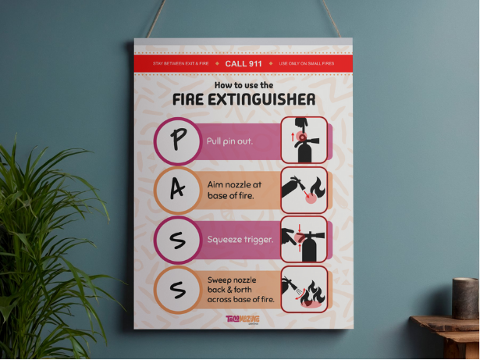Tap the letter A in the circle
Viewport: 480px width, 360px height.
[178, 190]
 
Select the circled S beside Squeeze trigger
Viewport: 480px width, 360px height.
[178, 239]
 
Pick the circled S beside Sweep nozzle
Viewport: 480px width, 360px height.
[178, 290]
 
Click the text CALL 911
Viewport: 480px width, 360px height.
[243, 63]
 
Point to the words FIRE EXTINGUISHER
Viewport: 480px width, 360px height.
[244, 100]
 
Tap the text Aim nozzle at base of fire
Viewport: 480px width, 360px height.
[235, 190]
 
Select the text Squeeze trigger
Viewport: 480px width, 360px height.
[240, 239]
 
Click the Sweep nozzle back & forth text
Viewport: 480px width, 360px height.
[240, 289]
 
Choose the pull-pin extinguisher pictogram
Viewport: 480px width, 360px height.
[304, 141]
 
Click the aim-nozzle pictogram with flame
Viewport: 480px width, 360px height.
[304, 190]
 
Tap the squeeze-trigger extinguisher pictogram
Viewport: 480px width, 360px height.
[304, 240]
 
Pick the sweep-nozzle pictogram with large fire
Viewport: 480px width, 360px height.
[304, 290]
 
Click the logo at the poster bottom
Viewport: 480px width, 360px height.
[242, 321]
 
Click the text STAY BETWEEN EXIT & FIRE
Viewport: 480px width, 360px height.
[180, 63]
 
